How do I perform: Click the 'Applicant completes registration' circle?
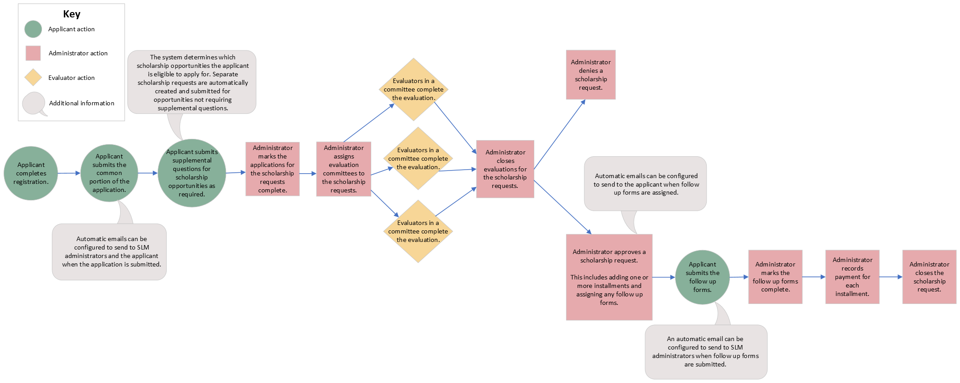31,173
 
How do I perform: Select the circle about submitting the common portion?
109,173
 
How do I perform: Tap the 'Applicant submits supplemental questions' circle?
192,173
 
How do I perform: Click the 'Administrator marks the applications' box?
272,169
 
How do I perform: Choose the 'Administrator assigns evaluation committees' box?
344,169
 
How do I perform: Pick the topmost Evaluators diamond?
414,89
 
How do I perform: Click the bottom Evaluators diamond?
418,231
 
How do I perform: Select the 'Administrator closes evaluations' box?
505,169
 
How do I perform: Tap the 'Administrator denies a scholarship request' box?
591,75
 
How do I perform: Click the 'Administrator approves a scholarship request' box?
609,277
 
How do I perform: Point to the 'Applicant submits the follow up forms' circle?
702,277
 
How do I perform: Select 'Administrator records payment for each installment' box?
852,277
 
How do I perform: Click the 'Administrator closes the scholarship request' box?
929,277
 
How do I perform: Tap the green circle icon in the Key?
33,29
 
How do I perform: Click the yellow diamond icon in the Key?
33,78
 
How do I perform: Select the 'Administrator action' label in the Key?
78,53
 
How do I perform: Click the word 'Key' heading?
71,14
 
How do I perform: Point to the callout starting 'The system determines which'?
192,82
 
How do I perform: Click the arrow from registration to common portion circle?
69,173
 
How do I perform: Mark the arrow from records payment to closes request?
891,277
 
